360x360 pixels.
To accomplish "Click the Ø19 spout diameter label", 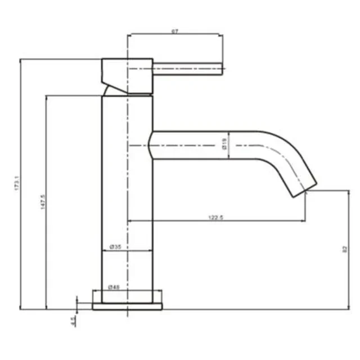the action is [224, 146].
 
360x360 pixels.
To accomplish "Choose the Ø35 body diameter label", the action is [116, 247].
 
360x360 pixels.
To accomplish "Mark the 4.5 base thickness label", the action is [73, 321].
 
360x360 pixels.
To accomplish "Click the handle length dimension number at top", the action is [175, 31].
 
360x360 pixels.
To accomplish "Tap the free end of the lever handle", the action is [222, 71].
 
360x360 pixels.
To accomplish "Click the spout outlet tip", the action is [307, 188].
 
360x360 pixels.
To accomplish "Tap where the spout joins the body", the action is [154, 146].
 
